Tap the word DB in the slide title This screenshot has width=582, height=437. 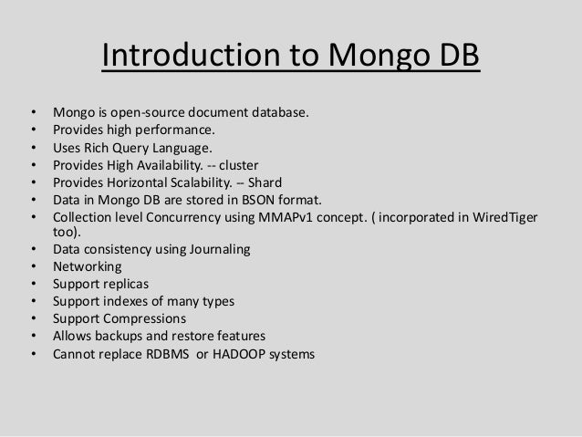[x=451, y=57]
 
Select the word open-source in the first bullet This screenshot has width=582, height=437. [x=148, y=114]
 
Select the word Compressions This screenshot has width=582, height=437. [x=146, y=319]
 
